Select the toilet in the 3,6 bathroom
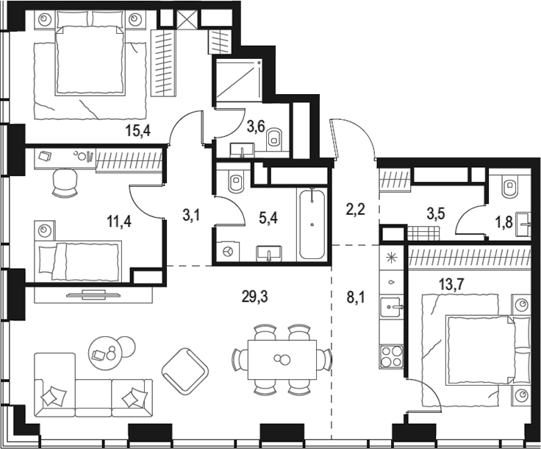pyautogui.click(x=274, y=137)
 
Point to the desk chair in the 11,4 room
pyautogui.click(x=65, y=183)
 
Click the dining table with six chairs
pyautogui.click(x=282, y=359)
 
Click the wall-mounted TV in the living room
pyautogui.click(x=92, y=294)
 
